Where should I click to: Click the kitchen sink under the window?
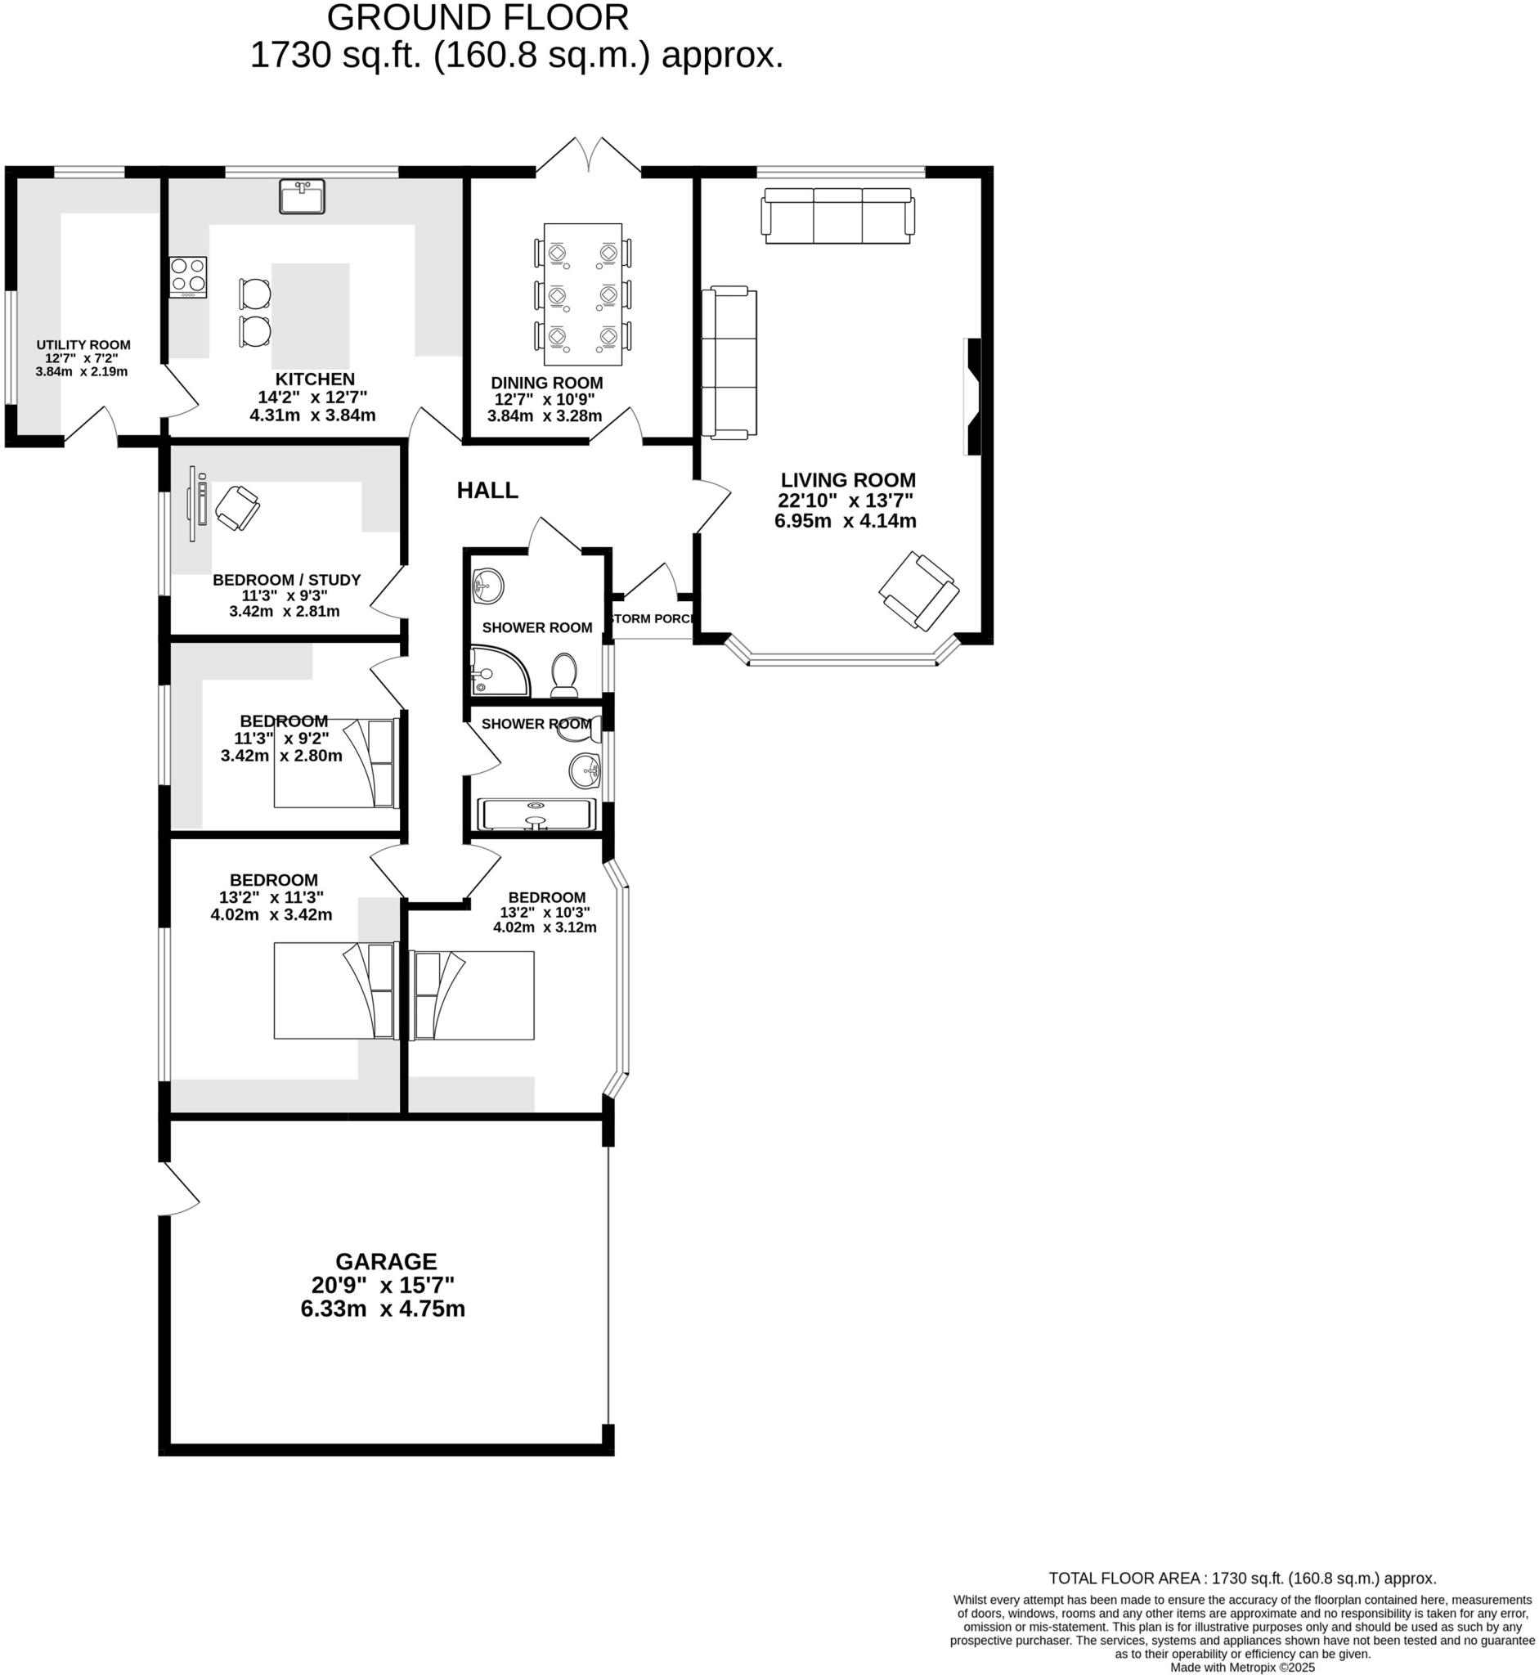coord(302,196)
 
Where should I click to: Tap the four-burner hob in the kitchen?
coord(188,276)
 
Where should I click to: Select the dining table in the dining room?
coord(582,294)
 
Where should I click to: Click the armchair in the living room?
coord(918,591)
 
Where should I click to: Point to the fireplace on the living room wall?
coord(972,397)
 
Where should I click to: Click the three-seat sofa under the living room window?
coord(838,216)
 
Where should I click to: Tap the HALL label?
coord(487,491)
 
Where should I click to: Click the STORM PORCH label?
coord(653,619)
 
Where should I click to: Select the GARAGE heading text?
coord(386,1261)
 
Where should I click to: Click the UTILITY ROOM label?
coord(83,345)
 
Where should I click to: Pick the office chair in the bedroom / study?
coord(237,508)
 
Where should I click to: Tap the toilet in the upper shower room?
coord(564,674)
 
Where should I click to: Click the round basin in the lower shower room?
coord(585,770)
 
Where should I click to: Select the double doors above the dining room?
coord(588,155)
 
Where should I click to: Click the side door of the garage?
coord(179,1188)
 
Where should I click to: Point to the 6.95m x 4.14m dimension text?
coord(846,522)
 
